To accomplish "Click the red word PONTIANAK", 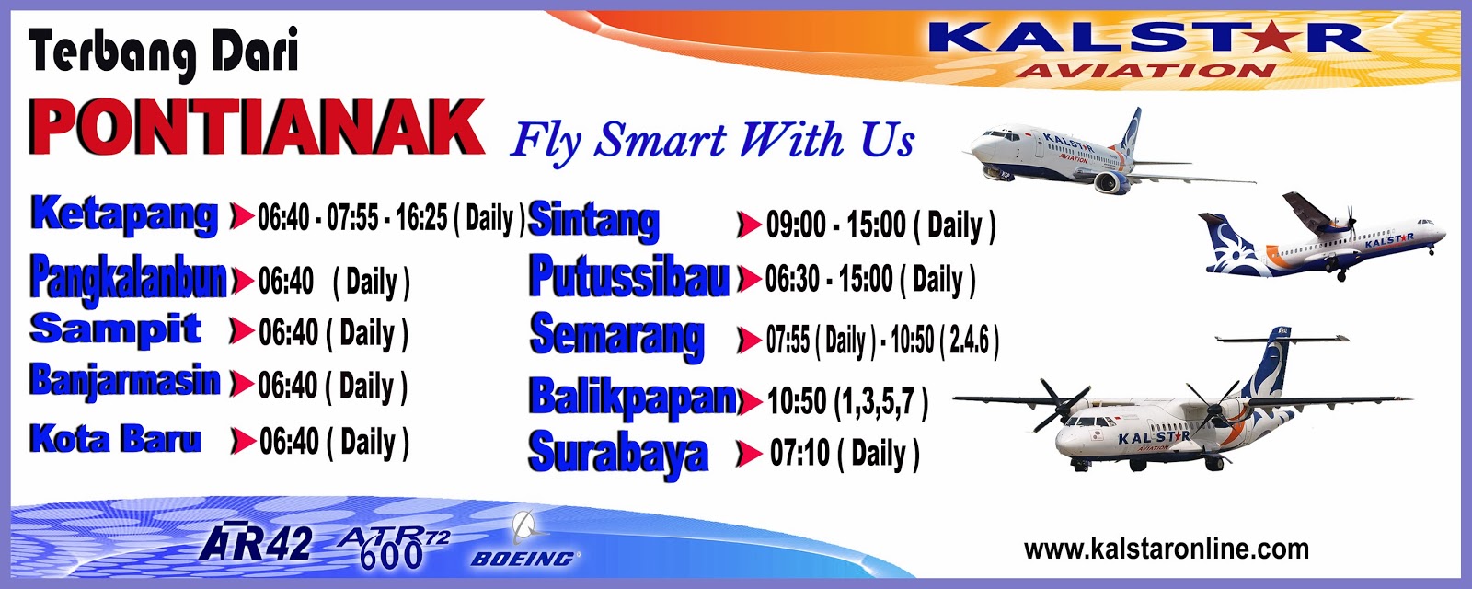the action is pyautogui.click(x=257, y=127).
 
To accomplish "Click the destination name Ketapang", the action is pyautogui.click(x=124, y=215).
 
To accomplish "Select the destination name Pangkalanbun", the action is pyautogui.click(x=129, y=280).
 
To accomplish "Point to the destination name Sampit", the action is pyautogui.click(x=116, y=329).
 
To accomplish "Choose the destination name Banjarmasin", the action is pyautogui.click(x=125, y=381).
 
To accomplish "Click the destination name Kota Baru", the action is pyautogui.click(x=115, y=438).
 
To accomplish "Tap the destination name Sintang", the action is pyautogui.click(x=593, y=221).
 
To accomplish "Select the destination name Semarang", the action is pyautogui.click(x=617, y=337).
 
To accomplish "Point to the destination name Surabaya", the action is pyautogui.click(x=618, y=454).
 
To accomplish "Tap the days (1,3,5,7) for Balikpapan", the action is pyautogui.click(x=880, y=401).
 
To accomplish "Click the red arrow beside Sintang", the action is pyautogui.click(x=749, y=225).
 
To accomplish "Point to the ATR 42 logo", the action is pyautogui.click(x=255, y=543).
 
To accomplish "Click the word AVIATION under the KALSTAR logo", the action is pyautogui.click(x=1146, y=70).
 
